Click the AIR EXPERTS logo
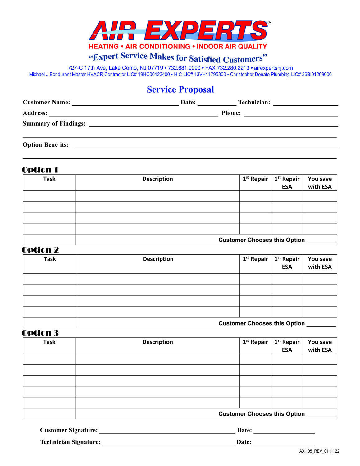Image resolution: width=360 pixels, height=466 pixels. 178,31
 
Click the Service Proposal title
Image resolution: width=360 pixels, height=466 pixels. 180,89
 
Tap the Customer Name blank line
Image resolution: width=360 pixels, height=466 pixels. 125,103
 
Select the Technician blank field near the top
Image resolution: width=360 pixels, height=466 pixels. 305,103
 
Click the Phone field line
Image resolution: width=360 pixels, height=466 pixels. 291,114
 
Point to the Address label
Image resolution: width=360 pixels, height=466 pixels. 35,113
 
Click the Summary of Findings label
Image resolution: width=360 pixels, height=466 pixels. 54,124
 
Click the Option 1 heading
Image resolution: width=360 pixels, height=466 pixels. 40,170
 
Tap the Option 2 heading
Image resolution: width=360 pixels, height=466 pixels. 40,250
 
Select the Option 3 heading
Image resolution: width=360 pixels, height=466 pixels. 40,333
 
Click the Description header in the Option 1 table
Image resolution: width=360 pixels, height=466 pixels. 157,179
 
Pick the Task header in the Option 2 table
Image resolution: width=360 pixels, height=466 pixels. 50,259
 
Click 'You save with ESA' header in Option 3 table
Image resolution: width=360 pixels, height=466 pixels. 320,346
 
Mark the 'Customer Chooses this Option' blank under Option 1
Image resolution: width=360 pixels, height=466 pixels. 321,240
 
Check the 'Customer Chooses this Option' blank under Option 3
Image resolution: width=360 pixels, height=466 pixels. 321,414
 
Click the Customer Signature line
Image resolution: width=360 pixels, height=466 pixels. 167,431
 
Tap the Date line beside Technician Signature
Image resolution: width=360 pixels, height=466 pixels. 284,443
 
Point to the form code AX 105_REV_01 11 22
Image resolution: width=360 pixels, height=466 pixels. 319,451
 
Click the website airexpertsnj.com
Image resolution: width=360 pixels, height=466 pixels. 273,68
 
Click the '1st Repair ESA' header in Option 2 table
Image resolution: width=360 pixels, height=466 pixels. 287,263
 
